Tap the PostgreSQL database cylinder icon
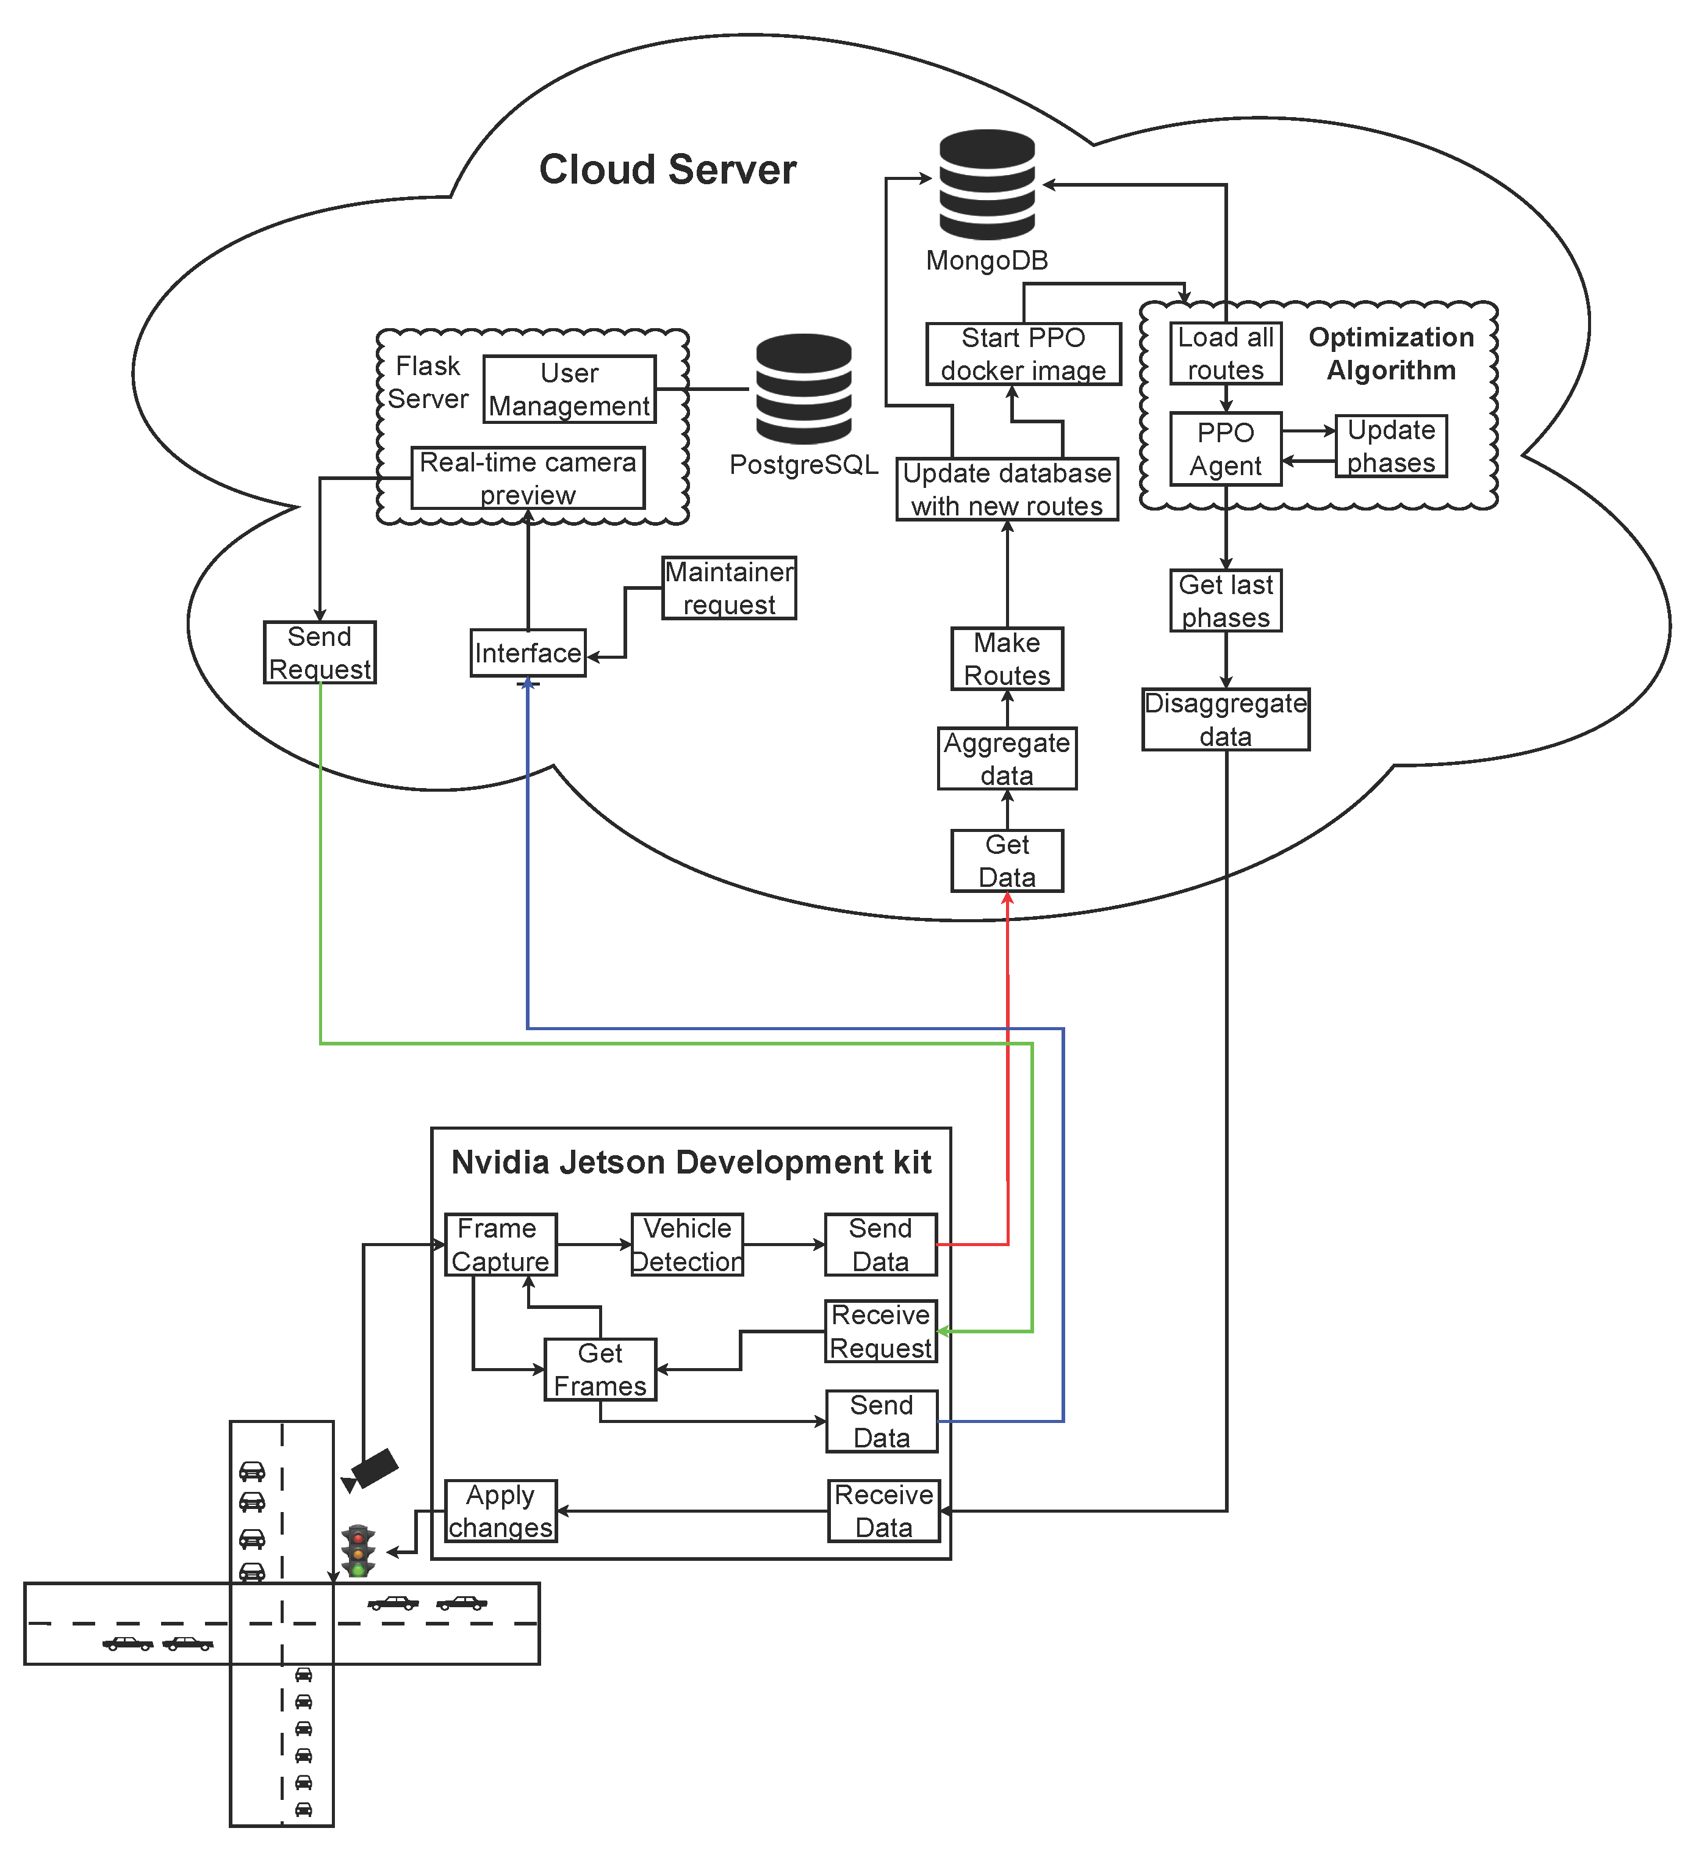tap(803, 389)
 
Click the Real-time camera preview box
tap(528, 478)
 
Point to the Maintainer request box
tap(729, 588)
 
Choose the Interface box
tap(528, 653)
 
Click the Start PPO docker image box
tap(1023, 354)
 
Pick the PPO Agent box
tap(1226, 448)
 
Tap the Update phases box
tap(1391, 446)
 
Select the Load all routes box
tap(1226, 353)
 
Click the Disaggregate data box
tap(1226, 720)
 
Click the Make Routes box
tap(1007, 659)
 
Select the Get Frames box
tap(600, 1369)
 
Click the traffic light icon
tap(359, 1552)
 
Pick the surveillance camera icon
tap(372, 1469)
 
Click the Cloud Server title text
tap(667, 170)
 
